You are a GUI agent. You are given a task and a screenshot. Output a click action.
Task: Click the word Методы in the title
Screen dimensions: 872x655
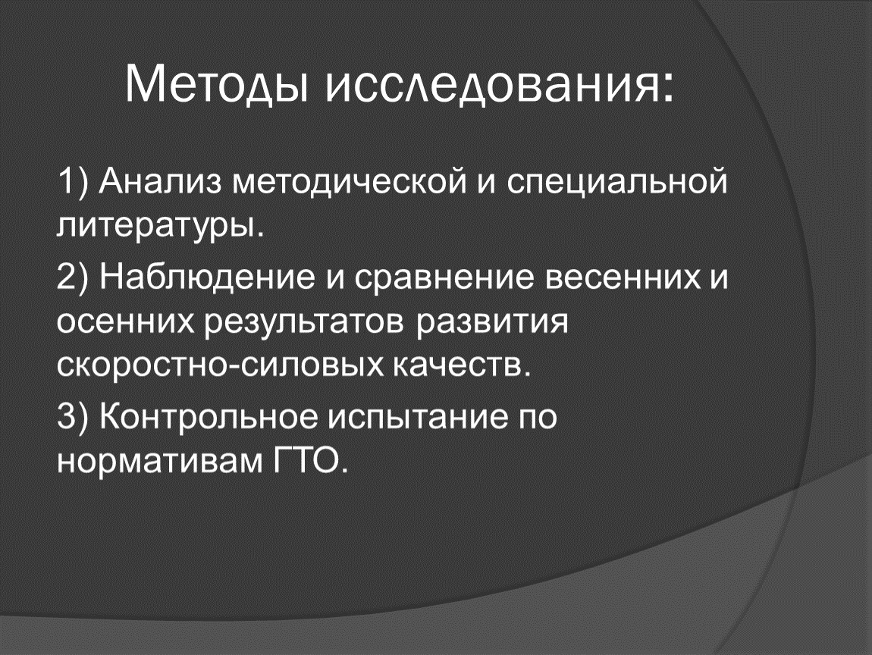point(217,84)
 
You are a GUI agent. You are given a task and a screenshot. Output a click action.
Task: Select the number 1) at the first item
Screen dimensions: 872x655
point(73,183)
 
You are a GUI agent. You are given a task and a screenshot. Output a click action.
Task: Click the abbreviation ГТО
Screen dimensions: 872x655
point(310,461)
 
